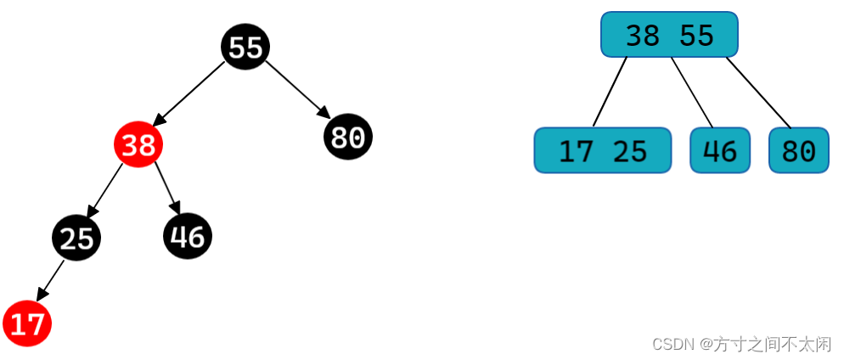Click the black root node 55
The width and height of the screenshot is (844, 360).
[245, 47]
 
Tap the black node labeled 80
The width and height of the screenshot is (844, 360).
[348, 136]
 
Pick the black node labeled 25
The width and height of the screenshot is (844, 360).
[76, 238]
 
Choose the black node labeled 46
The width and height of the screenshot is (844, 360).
[188, 236]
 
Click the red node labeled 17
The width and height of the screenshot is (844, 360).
[27, 323]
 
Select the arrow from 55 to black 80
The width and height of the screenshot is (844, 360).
[297, 89]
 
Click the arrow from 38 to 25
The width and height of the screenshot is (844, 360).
[105, 191]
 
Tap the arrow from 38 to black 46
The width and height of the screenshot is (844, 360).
[167, 187]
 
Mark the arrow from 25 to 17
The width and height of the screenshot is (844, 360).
[49, 280]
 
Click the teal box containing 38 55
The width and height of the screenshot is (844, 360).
[669, 34]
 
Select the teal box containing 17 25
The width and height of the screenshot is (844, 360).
[602, 150]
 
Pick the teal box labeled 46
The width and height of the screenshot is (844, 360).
[720, 150]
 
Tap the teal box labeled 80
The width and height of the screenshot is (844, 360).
[798, 150]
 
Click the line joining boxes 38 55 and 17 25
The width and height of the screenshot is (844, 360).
[610, 92]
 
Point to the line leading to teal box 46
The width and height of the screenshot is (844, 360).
[692, 92]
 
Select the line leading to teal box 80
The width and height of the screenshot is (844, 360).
[758, 92]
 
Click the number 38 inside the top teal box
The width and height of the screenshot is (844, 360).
[643, 35]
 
